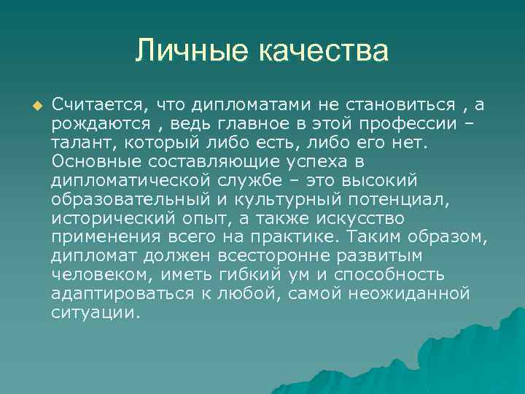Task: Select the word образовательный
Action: click(115, 200)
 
